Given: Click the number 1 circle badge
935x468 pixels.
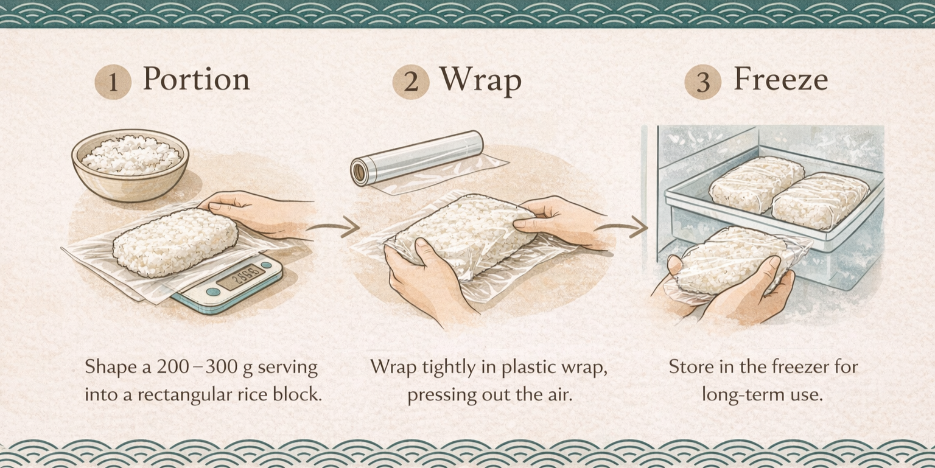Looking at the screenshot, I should click(x=113, y=82).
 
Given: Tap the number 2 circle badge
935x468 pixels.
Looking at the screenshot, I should click(x=411, y=82).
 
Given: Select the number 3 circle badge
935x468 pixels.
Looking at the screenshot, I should click(x=703, y=82).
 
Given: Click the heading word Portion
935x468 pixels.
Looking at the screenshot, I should click(x=196, y=80).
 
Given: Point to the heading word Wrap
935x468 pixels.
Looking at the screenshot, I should click(x=480, y=80).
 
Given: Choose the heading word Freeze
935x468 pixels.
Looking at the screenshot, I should click(x=780, y=80).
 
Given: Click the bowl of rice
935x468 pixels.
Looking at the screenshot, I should click(x=130, y=161).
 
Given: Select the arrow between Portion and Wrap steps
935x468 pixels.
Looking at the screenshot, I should click(x=332, y=228).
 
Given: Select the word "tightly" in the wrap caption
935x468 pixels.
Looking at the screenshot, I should click(x=446, y=368).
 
